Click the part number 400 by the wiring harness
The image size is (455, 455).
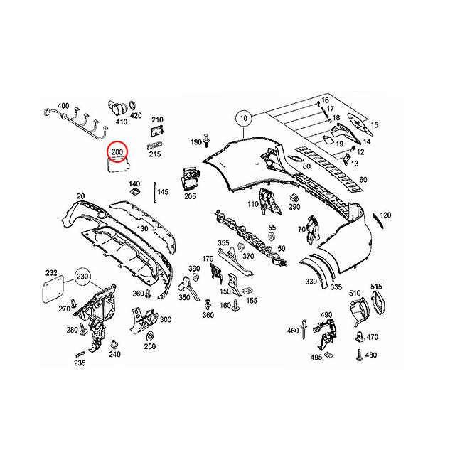point(63,107)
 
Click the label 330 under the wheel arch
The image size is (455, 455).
point(311,282)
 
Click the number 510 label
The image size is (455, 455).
point(355,293)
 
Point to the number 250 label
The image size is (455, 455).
point(149,347)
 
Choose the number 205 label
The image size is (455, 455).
point(191,196)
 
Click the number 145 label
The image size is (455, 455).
point(163,192)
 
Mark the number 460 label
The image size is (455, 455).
point(292,331)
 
